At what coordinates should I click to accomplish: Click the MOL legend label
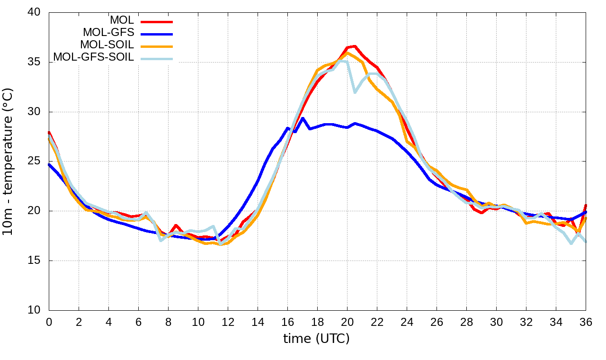(122, 20)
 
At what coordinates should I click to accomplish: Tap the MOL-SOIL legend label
(107, 45)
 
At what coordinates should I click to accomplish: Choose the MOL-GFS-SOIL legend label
(93, 57)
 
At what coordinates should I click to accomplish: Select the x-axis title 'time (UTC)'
(316, 339)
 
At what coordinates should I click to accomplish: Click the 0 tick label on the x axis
(49, 322)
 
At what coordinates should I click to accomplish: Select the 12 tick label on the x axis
(228, 322)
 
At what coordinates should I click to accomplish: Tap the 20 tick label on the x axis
(347, 322)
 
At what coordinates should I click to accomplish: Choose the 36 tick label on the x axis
(586, 322)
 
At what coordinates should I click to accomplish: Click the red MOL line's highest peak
(354, 46)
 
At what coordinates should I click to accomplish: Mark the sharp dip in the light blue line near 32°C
(355, 92)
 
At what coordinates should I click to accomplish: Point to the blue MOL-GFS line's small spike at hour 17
(303, 118)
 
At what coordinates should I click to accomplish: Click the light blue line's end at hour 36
(586, 242)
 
